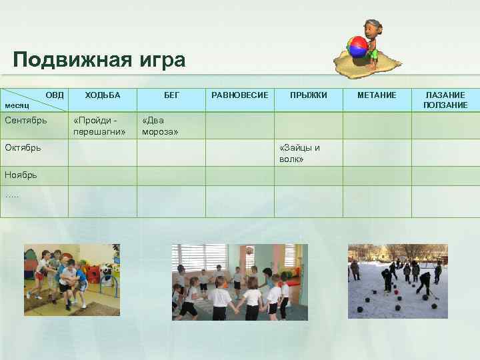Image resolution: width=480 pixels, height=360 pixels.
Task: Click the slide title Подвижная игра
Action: point(99,60)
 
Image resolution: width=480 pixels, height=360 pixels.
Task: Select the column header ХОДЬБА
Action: point(103,96)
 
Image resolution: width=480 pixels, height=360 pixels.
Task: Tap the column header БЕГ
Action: point(171,96)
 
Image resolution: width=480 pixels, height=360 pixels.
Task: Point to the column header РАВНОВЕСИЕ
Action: point(239,96)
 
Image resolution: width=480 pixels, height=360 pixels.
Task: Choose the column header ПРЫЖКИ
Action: point(308,96)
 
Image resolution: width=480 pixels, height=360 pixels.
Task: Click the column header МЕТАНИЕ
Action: point(377,96)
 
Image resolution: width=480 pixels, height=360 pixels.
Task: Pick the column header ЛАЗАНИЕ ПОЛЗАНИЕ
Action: point(445,101)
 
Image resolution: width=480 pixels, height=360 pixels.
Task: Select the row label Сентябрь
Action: point(25,121)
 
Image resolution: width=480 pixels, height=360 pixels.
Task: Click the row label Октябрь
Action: point(23,147)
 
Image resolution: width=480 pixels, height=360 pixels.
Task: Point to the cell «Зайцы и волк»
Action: point(300,153)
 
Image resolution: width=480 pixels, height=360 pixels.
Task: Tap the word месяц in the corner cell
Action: point(17,106)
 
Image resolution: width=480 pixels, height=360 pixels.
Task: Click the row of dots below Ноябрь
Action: point(12,195)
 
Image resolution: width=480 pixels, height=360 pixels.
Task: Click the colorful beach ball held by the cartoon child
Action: point(357,47)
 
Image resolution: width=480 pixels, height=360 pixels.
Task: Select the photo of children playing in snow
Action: point(398,281)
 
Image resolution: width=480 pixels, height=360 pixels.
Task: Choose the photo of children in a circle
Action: point(240,281)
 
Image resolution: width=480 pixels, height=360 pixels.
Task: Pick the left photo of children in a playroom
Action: point(72,280)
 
